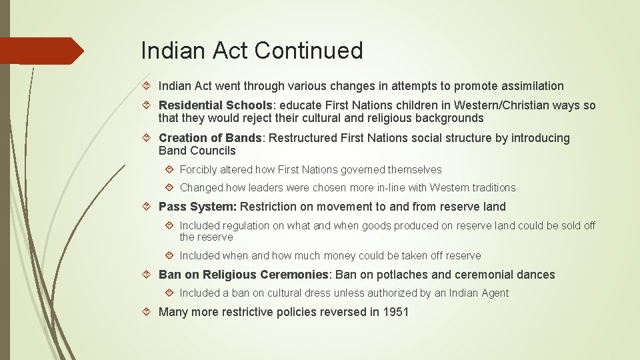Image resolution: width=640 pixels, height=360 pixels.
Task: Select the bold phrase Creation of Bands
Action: pyautogui.click(x=211, y=138)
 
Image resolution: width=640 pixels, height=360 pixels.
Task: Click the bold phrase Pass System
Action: pyautogui.click(x=197, y=207)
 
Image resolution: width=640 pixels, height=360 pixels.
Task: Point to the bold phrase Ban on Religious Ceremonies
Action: pyautogui.click(x=244, y=275)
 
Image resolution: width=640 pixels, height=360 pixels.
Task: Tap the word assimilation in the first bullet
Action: pyautogui.click(x=527, y=86)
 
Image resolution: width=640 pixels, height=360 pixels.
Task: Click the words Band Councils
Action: pyautogui.click(x=197, y=151)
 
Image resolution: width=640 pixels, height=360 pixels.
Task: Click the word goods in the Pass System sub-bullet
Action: pyautogui.click(x=346, y=226)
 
